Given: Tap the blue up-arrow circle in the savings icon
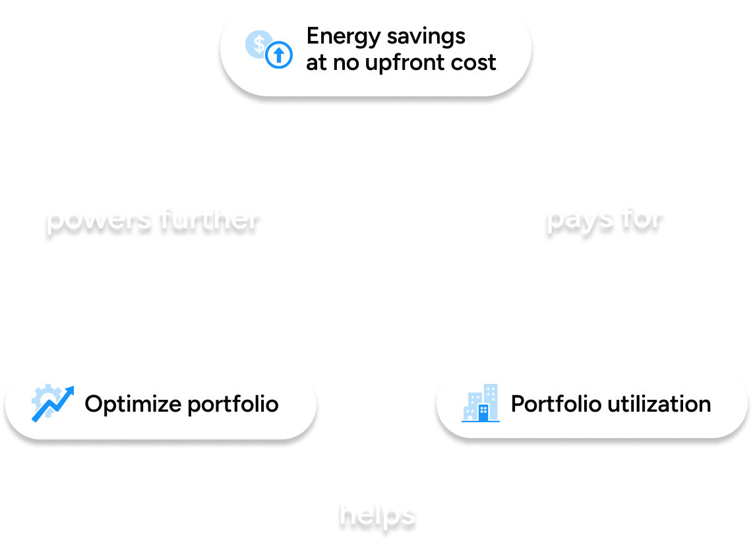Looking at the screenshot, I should pyautogui.click(x=279, y=56).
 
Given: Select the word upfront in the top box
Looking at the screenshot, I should pyautogui.click(x=408, y=63).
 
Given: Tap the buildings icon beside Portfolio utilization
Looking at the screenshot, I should pyautogui.click(x=481, y=403).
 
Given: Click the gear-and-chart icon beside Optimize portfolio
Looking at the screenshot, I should pyautogui.click(x=51, y=403).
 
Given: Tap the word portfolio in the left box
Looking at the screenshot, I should pyautogui.click(x=233, y=403).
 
